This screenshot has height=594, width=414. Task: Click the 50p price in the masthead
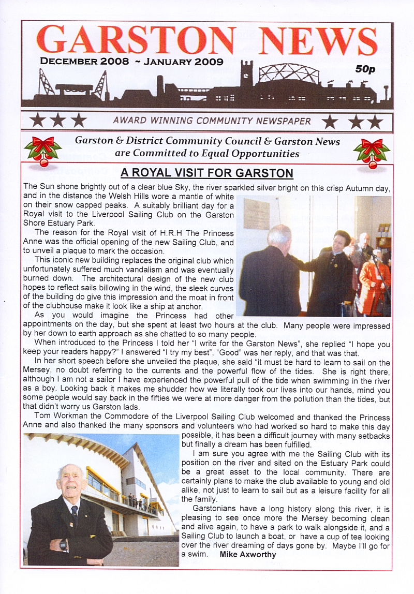pos(365,69)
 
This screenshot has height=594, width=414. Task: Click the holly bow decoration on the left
pos(43,151)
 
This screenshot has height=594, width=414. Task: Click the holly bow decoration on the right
pos(372,152)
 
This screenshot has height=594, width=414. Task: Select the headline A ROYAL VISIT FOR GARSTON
pos(206,173)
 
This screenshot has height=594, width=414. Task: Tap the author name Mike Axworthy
pos(248,555)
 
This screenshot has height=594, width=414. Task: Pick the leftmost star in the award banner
pos(37,121)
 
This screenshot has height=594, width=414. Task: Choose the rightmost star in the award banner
pos(375,122)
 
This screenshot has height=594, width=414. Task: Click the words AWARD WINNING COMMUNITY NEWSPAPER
pos(212,122)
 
